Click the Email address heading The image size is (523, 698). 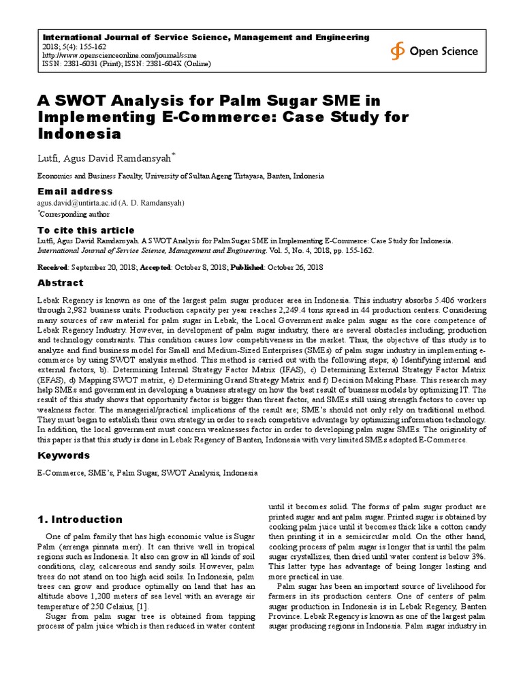pos(75,192)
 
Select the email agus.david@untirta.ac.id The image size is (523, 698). pos(76,203)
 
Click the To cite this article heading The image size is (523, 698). pos(86,230)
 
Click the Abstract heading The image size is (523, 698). pos(60,283)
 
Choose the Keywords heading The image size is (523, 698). pos(63,455)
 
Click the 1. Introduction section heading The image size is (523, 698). pos(80,519)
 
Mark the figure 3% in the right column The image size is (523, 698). pos(478,556)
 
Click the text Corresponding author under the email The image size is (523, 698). pos(75,213)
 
